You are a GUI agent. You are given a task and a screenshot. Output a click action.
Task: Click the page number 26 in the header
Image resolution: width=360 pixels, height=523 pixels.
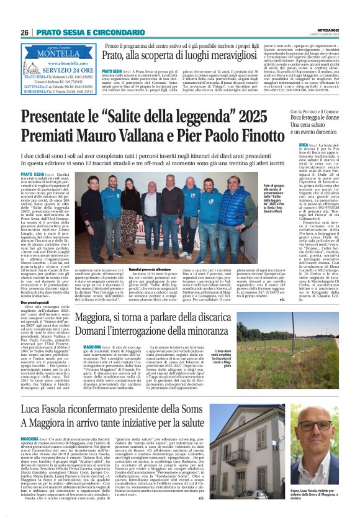tap(24, 32)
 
